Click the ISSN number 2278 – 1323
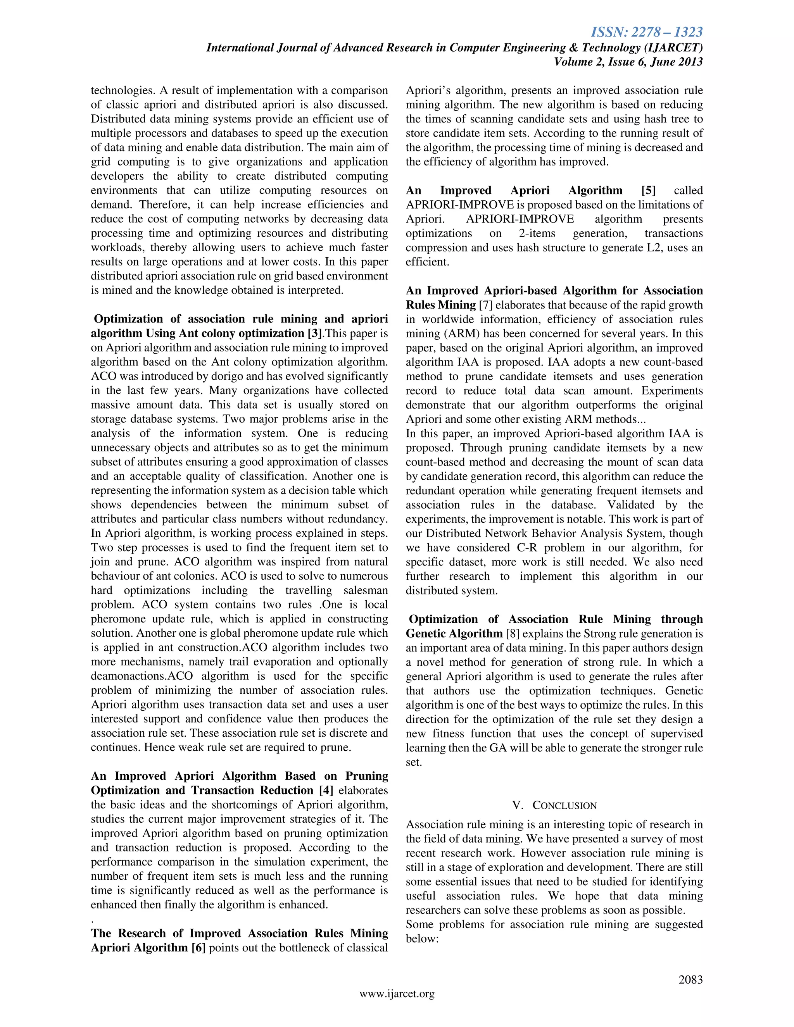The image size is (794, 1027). pos(647,32)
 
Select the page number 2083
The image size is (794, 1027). pos(690,979)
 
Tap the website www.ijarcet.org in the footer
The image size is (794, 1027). pos(397,994)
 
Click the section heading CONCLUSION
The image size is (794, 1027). pos(564,806)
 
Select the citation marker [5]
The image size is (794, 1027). pos(648,190)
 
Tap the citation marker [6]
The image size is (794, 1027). pos(198,948)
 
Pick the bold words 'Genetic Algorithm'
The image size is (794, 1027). pos(454,633)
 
